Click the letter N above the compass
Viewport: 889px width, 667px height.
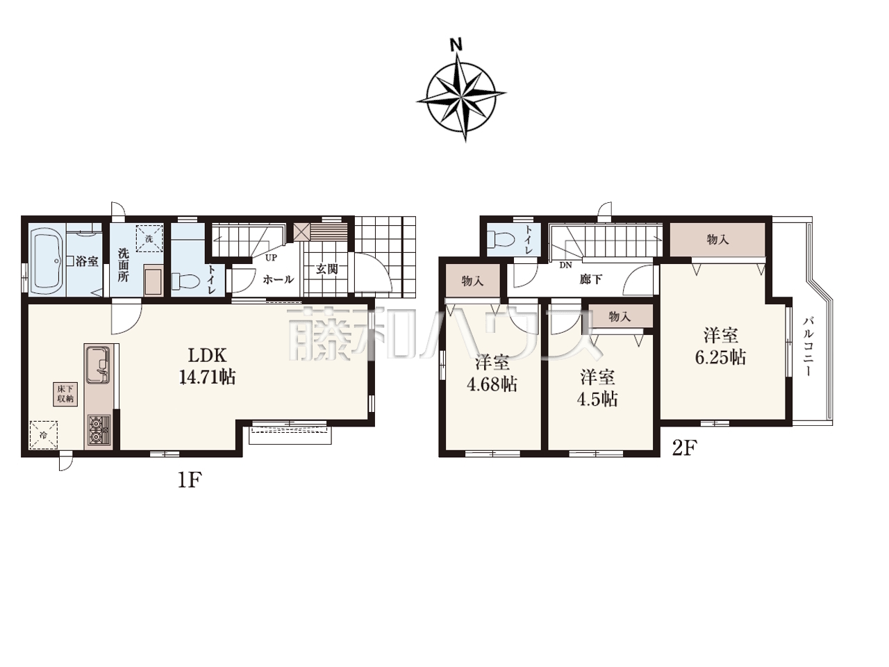(456, 44)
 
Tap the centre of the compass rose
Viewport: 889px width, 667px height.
(462, 97)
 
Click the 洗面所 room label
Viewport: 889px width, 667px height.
(123, 265)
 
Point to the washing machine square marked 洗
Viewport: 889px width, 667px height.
(149, 238)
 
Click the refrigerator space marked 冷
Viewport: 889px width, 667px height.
(43, 435)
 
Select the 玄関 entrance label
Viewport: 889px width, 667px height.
(327, 269)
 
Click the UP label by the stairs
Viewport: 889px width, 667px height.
(271, 258)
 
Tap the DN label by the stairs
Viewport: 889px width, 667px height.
(565, 265)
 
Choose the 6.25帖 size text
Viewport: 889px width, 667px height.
(720, 358)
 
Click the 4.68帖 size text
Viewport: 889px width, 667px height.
(492, 384)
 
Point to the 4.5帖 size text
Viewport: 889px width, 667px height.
(597, 400)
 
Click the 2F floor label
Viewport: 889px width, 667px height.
(685, 448)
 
